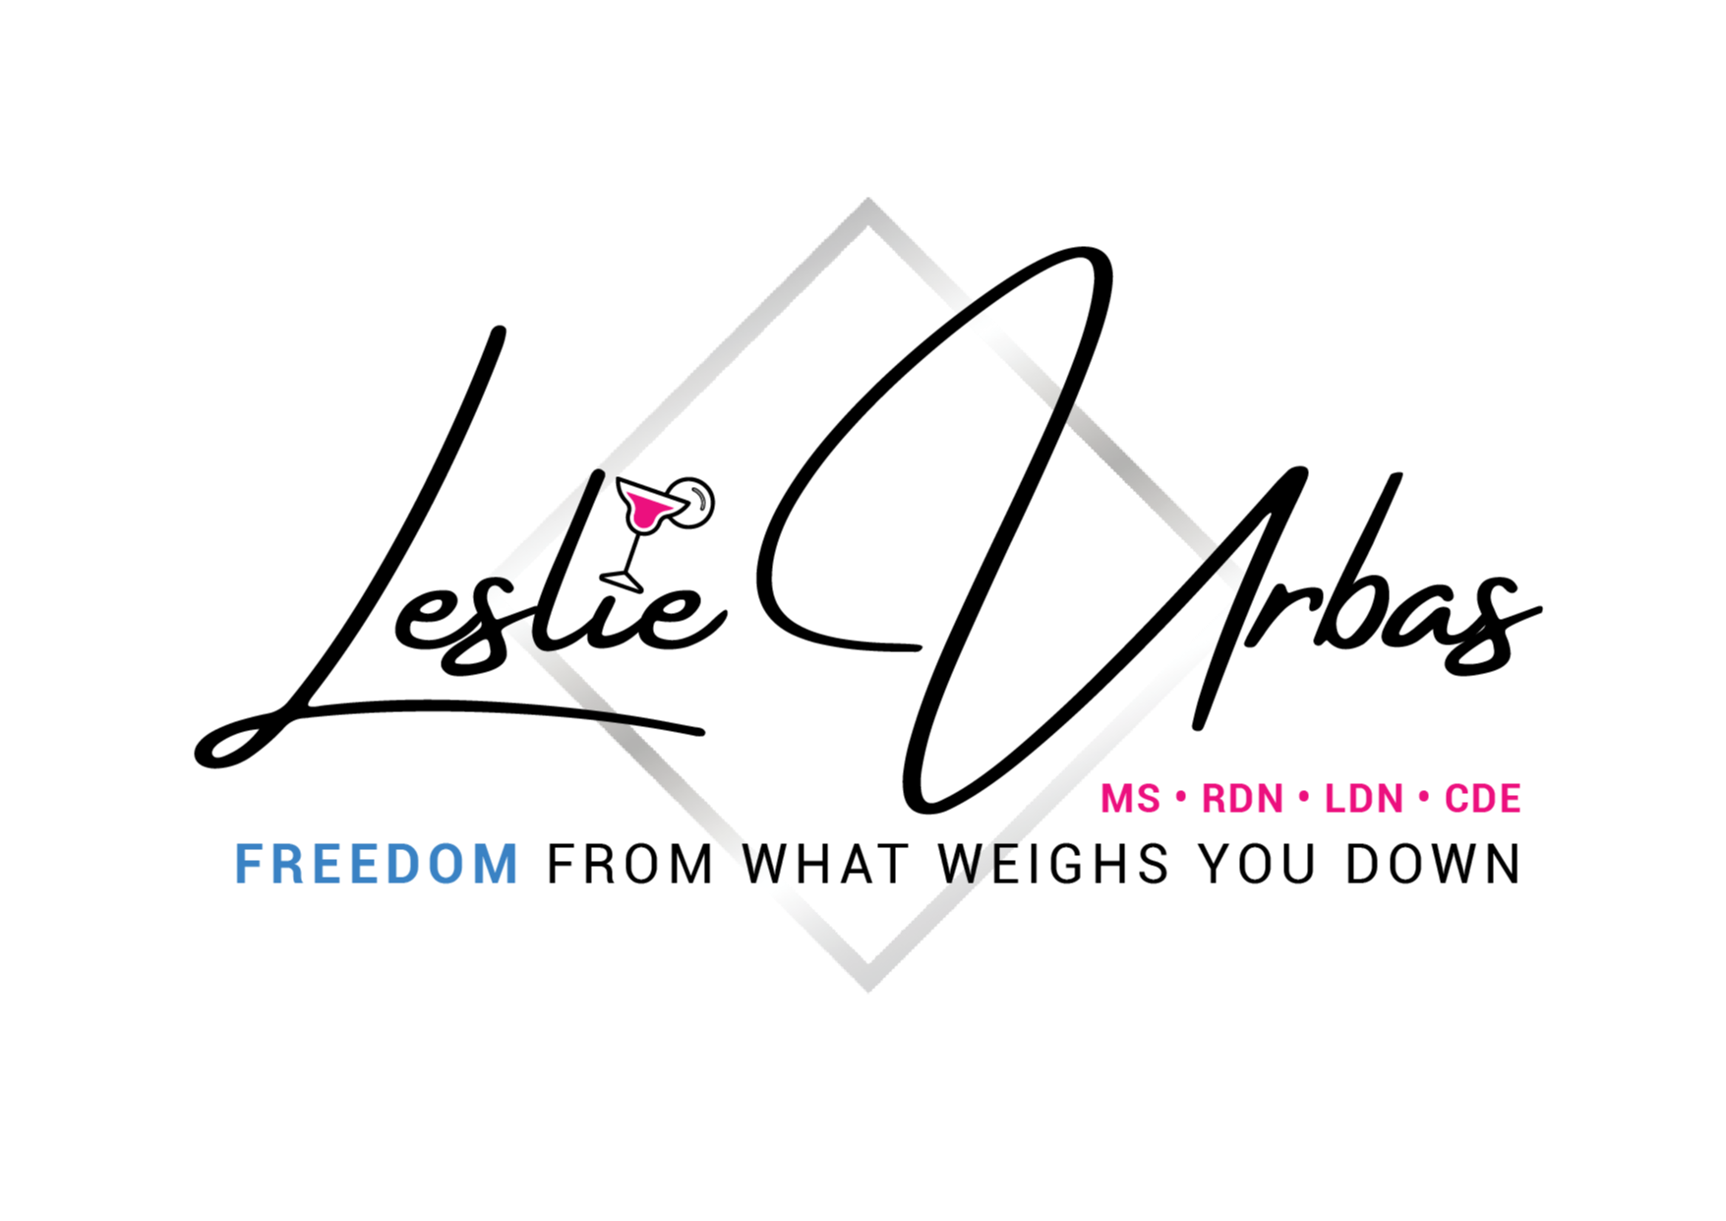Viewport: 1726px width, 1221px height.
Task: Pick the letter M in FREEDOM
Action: click(499, 865)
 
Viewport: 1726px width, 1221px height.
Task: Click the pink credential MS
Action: click(1130, 799)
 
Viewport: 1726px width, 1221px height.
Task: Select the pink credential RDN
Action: click(1242, 799)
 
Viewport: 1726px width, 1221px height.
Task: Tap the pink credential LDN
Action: click(1363, 799)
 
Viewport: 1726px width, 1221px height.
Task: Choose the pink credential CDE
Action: click(1482, 799)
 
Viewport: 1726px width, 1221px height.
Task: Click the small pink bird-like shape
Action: click(646, 510)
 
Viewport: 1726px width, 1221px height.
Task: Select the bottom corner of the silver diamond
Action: click(868, 986)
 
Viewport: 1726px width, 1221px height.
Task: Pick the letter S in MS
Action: click(1148, 799)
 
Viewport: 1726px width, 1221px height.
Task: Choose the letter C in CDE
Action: click(1456, 799)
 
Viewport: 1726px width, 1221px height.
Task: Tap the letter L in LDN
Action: click(1335, 799)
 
